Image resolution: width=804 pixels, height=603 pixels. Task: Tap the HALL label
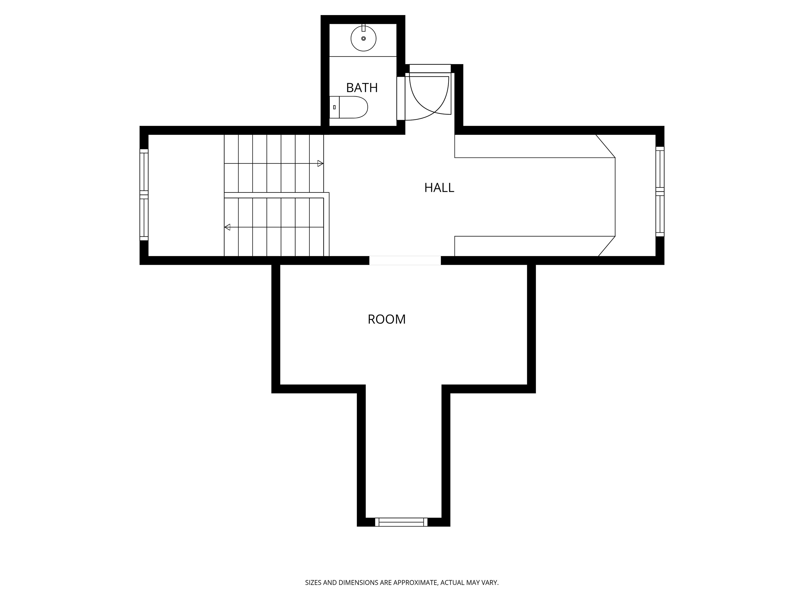tap(439, 187)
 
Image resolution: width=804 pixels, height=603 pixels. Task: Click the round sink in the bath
tap(363, 38)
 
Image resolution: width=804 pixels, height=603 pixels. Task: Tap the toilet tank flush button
tap(334, 107)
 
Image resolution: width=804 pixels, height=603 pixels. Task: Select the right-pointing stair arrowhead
tap(320, 164)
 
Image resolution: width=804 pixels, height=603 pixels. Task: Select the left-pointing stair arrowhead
tap(228, 227)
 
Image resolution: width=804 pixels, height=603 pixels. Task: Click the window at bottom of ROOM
tap(401, 522)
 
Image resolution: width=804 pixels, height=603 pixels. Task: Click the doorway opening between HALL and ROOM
tap(405, 260)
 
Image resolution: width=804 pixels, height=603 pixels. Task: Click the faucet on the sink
tap(363, 28)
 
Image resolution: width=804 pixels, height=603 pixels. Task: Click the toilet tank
tap(334, 107)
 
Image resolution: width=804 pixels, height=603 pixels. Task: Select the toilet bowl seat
tap(354, 107)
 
